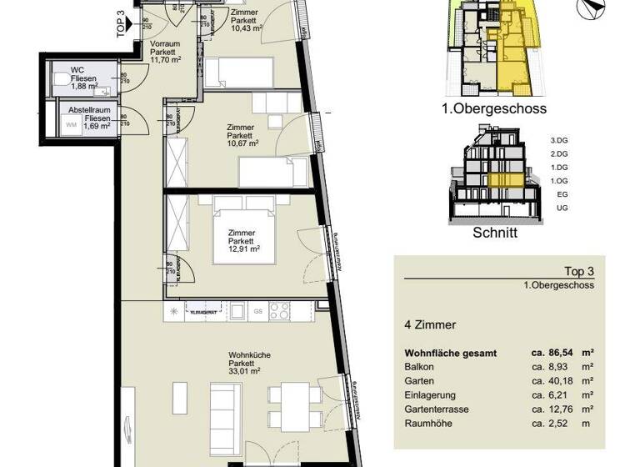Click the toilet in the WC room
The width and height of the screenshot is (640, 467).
click(63, 78)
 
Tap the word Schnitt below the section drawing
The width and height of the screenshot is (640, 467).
click(496, 233)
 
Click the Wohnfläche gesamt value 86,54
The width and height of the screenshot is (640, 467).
click(551, 353)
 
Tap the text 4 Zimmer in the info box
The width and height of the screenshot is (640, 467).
click(426, 324)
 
